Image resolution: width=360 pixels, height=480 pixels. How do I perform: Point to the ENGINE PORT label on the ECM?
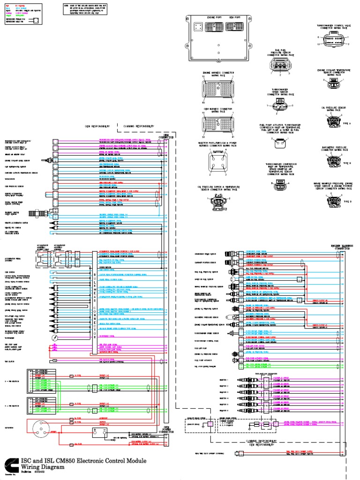[x=214, y=17]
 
